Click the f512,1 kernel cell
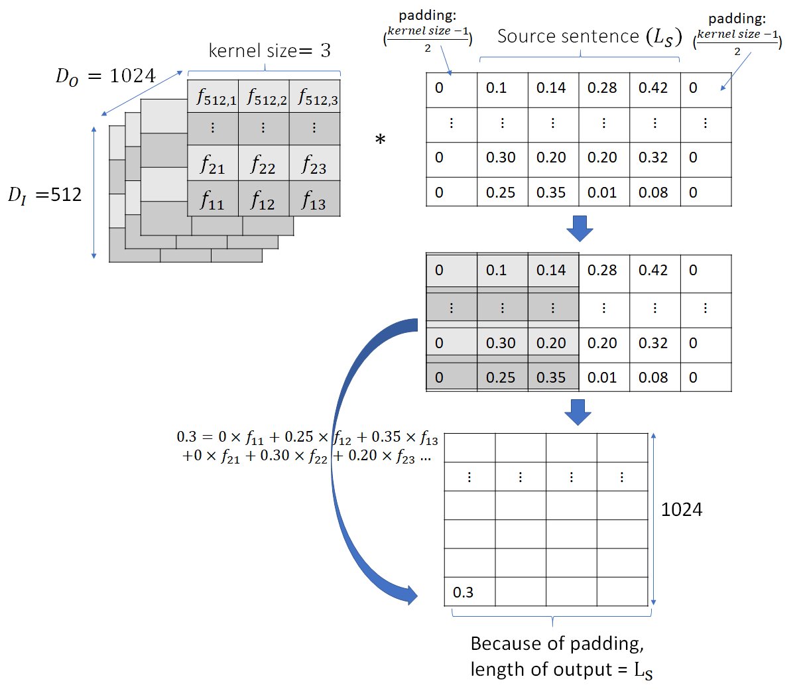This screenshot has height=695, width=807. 213,96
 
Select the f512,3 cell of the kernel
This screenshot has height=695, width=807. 315,96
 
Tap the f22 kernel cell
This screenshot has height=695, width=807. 263,163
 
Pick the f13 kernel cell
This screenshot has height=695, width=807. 315,198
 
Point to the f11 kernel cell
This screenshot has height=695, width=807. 213,198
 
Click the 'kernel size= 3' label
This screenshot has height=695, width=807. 270,50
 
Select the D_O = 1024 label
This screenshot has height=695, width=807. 105,76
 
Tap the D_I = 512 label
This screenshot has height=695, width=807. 44,194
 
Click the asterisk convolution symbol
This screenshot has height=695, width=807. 380,140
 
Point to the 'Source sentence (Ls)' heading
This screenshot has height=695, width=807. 590,37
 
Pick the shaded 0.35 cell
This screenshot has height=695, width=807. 553,377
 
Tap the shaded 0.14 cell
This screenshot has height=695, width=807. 553,270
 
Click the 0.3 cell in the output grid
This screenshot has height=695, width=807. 469,592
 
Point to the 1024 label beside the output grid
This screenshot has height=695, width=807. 681,509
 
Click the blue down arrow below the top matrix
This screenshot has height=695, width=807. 580,228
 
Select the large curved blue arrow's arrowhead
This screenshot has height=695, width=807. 410,595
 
